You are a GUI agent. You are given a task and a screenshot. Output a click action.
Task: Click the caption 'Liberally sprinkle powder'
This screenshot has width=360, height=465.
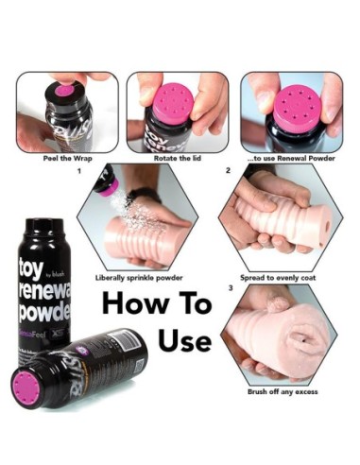point(140,278)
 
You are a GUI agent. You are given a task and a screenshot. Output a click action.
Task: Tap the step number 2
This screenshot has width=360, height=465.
point(228,172)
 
